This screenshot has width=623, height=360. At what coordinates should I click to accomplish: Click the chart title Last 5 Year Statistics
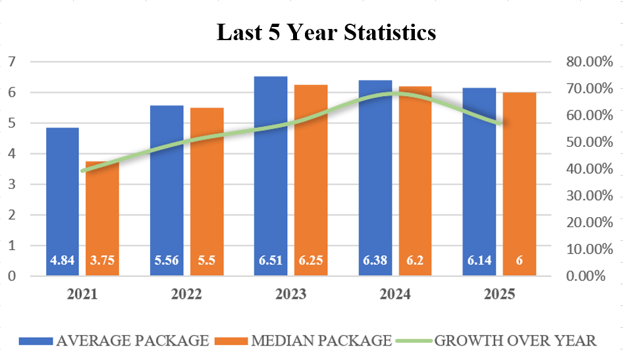(326, 32)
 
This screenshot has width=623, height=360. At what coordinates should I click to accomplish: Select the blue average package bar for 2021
(62, 197)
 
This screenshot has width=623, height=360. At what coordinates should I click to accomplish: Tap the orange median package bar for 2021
(102, 217)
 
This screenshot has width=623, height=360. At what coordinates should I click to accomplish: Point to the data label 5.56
(167, 260)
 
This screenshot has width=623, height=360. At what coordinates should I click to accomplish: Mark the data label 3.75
(102, 260)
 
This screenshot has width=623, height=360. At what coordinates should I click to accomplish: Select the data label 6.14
(479, 260)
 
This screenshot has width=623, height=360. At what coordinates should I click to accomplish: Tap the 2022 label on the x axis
(186, 294)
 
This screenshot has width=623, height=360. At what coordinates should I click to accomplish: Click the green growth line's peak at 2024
(395, 93)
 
